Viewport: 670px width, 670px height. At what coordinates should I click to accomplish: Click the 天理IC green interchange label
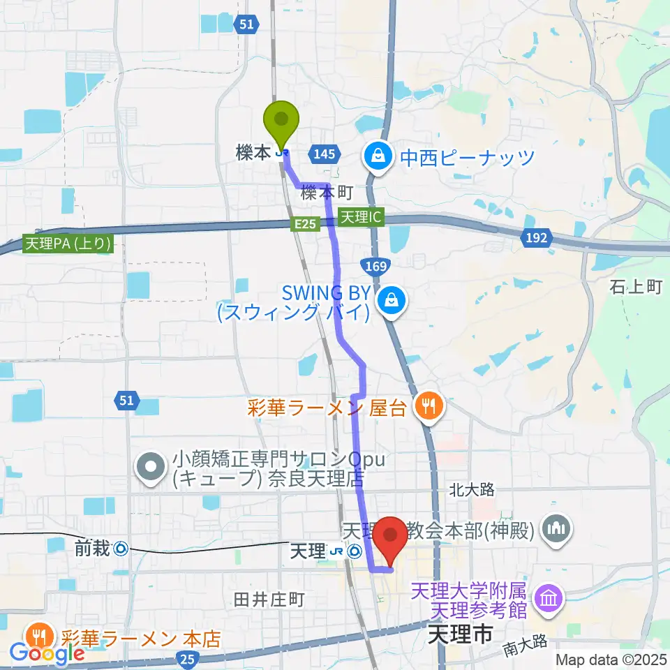click(x=362, y=217)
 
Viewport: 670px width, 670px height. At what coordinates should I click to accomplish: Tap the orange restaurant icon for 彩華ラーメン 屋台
click(x=427, y=408)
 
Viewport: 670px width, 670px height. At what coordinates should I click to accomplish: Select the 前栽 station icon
click(x=121, y=549)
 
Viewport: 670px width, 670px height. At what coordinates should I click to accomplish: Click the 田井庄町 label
click(x=269, y=599)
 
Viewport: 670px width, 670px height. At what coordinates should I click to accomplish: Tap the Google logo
click(x=47, y=654)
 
